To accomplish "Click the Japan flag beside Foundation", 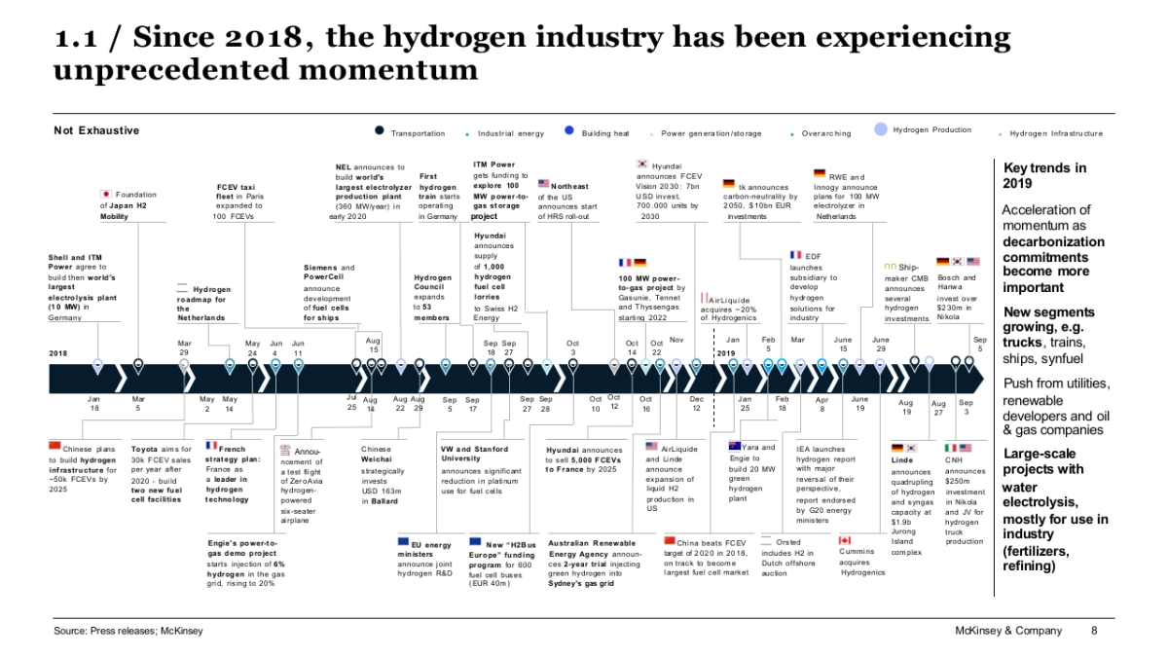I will (x=107, y=195).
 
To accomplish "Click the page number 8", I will (x=1094, y=631).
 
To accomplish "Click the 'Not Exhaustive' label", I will (x=96, y=130).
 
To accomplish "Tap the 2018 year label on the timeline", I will (x=58, y=353).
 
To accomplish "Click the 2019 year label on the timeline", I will (x=725, y=353).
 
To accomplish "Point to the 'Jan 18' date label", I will (x=94, y=404).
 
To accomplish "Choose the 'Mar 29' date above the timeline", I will (x=185, y=347).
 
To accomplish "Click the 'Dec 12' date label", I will (x=697, y=404).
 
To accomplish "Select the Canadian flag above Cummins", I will (x=845, y=540).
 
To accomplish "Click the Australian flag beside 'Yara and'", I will (x=736, y=446).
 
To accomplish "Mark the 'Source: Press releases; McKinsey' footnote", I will (x=128, y=631).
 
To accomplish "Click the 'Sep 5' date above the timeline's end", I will (x=980, y=344).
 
